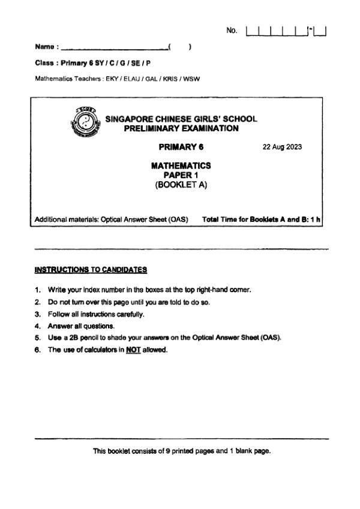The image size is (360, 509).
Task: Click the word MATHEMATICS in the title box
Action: (181, 165)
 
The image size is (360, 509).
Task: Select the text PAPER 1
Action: (181, 175)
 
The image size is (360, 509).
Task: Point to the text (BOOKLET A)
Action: (181, 185)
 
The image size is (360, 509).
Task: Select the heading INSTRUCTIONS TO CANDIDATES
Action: (91, 270)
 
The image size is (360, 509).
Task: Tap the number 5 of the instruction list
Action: (37, 338)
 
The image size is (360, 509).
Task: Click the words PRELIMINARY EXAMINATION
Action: (181, 128)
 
